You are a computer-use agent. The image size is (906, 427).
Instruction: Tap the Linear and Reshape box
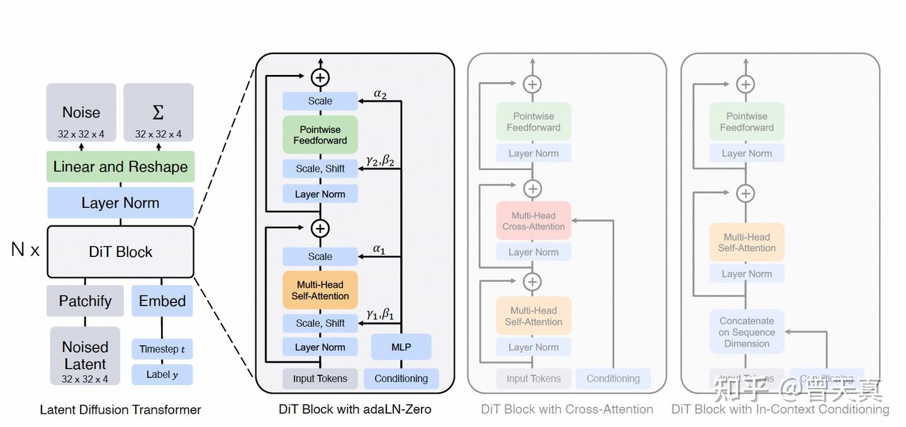[x=120, y=167]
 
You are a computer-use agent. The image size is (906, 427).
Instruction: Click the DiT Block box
[x=120, y=252]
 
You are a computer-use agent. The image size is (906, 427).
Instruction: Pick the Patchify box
[x=85, y=301]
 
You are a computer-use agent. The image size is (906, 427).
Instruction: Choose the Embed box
[x=162, y=301]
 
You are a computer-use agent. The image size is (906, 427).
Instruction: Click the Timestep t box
[x=162, y=349]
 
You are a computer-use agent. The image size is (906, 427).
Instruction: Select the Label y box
[x=162, y=375]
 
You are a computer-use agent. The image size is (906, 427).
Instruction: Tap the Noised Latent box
[x=85, y=356]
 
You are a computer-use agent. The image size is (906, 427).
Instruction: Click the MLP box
[x=401, y=347]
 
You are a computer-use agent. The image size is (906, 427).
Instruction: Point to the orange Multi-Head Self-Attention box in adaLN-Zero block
[x=320, y=290]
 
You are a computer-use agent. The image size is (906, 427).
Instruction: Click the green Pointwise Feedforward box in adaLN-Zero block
[x=320, y=135]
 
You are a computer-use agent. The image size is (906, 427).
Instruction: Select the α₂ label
[x=380, y=94]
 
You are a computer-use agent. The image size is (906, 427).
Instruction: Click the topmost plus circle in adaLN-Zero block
[x=320, y=77]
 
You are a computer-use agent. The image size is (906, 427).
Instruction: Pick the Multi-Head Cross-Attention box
[x=534, y=221]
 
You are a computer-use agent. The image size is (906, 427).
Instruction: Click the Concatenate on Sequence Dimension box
[x=747, y=332]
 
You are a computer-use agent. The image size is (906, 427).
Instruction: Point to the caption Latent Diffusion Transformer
[x=120, y=410]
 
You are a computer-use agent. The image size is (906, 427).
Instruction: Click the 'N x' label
[x=25, y=250]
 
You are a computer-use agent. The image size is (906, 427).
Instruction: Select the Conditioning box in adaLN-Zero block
[x=401, y=379]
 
